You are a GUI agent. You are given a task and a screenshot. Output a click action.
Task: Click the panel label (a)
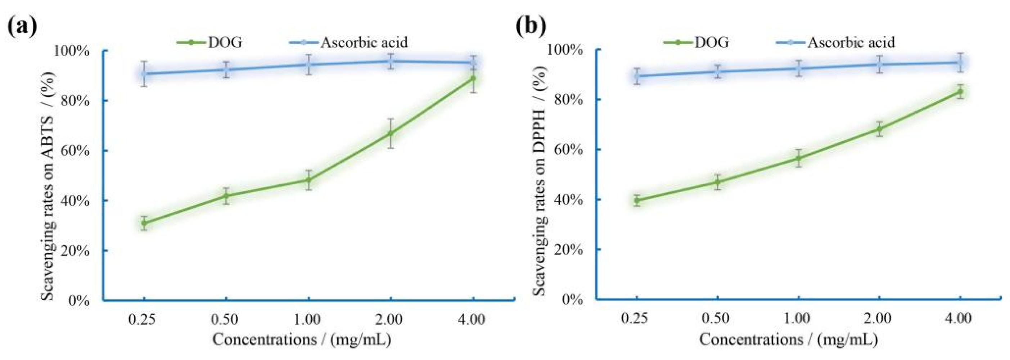click(x=22, y=27)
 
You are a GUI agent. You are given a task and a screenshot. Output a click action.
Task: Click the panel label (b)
click(x=531, y=27)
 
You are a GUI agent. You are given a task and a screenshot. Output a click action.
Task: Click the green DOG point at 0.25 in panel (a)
click(x=144, y=223)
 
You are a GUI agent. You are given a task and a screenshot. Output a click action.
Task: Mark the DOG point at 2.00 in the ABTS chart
click(x=391, y=133)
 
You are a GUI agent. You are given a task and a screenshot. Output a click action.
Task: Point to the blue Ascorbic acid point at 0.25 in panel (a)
click(x=144, y=73)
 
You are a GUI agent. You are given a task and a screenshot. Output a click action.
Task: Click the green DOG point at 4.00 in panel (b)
click(x=960, y=92)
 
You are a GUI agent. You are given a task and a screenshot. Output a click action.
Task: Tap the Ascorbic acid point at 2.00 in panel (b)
click(x=879, y=64)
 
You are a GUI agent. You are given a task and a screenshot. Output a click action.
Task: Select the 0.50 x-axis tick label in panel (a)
click(x=225, y=320)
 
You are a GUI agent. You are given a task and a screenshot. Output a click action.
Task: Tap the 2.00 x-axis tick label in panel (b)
click(x=878, y=319)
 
